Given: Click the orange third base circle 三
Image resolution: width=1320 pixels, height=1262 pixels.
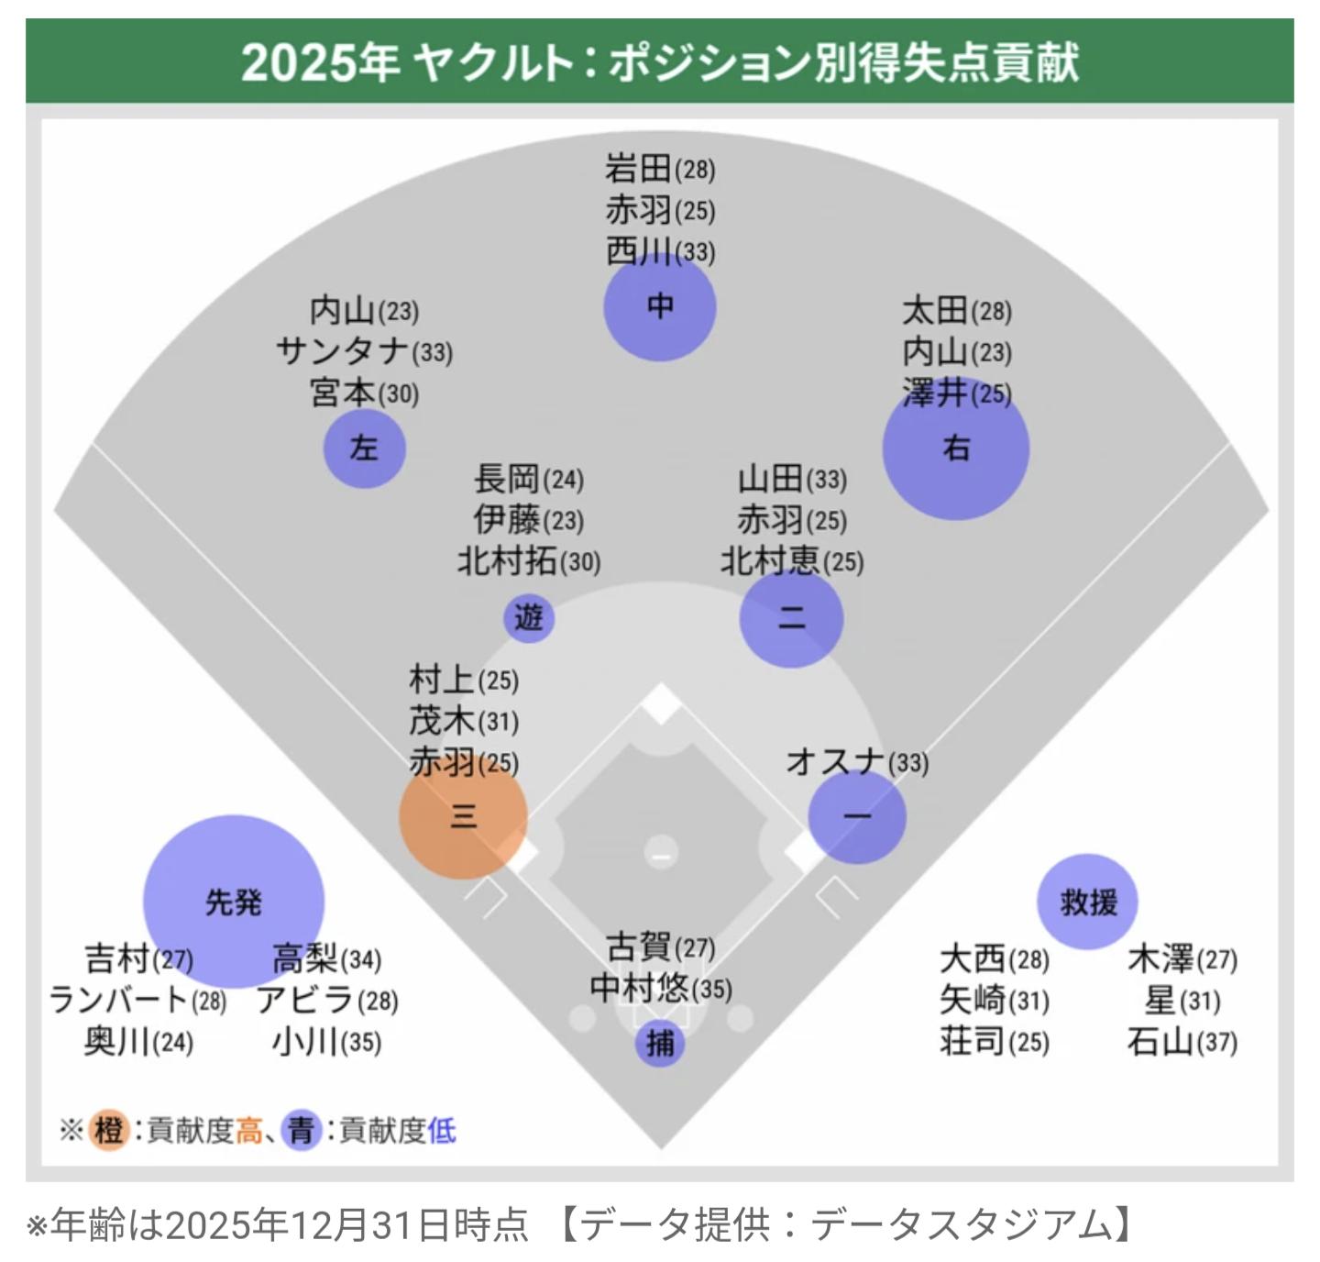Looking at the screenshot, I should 463,815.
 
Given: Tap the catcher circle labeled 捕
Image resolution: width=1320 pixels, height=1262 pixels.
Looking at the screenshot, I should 660,1043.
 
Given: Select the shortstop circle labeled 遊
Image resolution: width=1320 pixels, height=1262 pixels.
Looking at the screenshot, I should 529,617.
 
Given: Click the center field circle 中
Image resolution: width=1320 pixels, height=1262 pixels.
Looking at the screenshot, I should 660,305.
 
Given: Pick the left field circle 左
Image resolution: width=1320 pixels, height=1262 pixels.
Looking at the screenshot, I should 364,448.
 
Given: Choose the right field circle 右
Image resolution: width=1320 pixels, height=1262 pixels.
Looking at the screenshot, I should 956,448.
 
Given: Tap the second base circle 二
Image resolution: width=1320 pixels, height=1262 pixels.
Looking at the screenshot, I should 791,618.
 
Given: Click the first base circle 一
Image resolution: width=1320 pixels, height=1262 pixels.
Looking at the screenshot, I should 857,815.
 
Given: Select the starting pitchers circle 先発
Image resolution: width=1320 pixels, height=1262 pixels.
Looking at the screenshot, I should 234,902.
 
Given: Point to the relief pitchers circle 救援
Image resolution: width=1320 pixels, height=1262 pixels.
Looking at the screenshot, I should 1088,902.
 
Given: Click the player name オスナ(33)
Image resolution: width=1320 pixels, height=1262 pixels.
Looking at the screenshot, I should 856,761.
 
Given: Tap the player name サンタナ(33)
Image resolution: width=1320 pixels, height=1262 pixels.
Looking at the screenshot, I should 364,351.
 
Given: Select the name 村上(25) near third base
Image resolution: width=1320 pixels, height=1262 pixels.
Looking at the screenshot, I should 463,680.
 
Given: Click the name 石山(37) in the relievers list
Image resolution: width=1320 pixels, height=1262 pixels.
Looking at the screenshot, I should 1182,1041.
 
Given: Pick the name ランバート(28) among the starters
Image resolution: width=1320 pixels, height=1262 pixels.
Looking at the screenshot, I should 137,1000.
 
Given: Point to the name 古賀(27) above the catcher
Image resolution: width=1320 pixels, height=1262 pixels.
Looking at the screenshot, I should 660,946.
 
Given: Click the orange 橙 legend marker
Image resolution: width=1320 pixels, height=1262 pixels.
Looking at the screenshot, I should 108,1130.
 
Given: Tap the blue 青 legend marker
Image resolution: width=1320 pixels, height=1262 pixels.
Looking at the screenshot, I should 302,1130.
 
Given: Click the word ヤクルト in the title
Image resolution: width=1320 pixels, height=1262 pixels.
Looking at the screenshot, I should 491,62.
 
